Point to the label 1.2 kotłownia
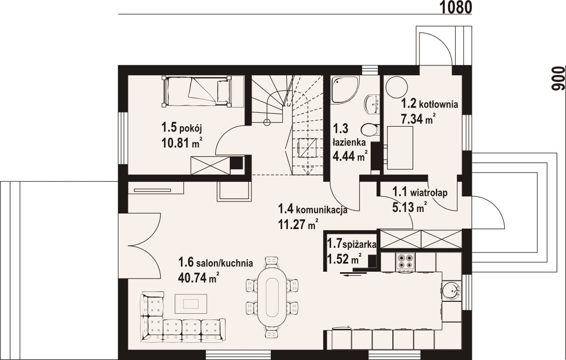[x=429, y=104]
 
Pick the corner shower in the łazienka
[x=345, y=90]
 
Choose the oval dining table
[x=272, y=298]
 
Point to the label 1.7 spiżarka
[x=351, y=244]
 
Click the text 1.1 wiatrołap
[x=419, y=193]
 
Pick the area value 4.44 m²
[x=350, y=156]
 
